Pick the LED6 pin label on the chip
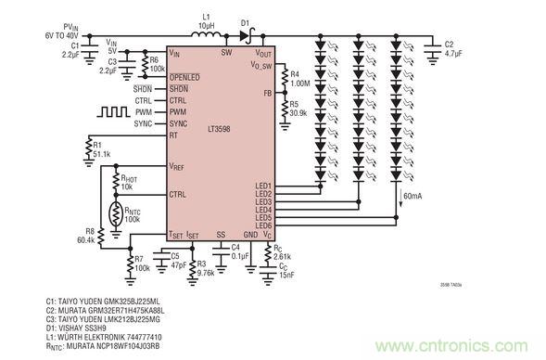click(x=263, y=225)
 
